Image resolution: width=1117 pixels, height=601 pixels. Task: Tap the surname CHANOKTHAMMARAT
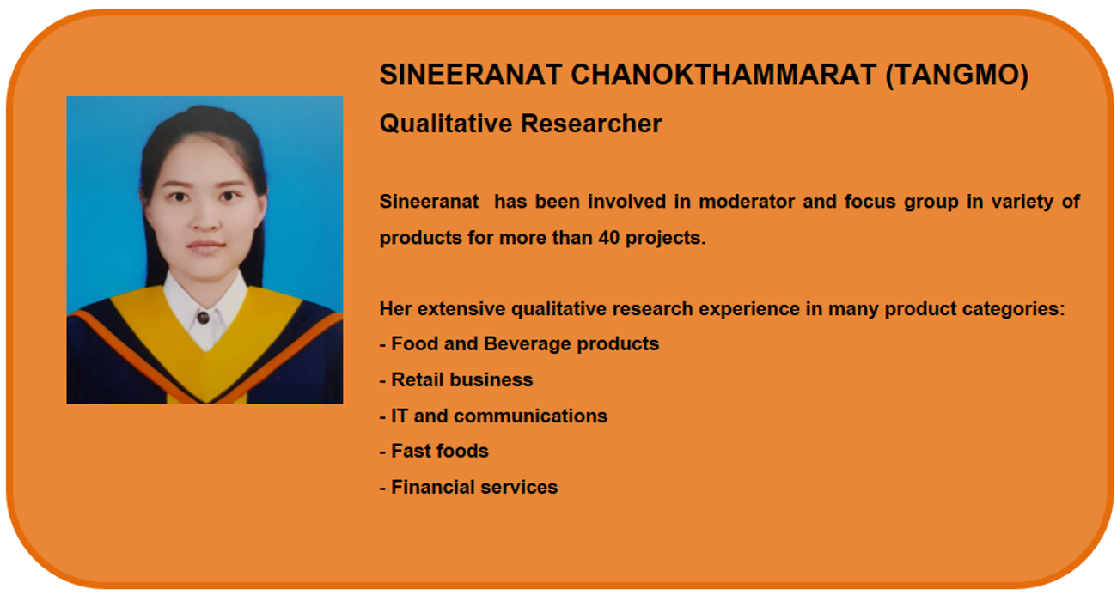(723, 75)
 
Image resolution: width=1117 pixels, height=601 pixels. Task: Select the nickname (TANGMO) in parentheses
(957, 76)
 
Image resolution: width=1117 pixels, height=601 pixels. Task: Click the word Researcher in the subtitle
(591, 123)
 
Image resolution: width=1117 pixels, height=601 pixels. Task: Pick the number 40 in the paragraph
(608, 238)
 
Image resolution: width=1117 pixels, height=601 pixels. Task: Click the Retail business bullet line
(456, 379)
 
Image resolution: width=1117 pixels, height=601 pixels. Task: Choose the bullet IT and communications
(494, 416)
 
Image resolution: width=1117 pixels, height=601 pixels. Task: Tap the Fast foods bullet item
(434, 451)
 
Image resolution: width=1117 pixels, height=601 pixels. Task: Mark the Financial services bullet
(469, 487)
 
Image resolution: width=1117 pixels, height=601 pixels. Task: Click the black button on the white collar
(203, 318)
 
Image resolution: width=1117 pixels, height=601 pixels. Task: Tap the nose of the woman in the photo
(205, 219)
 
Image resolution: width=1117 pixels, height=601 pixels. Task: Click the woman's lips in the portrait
(205, 246)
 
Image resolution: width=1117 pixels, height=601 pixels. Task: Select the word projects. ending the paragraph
(666, 238)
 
